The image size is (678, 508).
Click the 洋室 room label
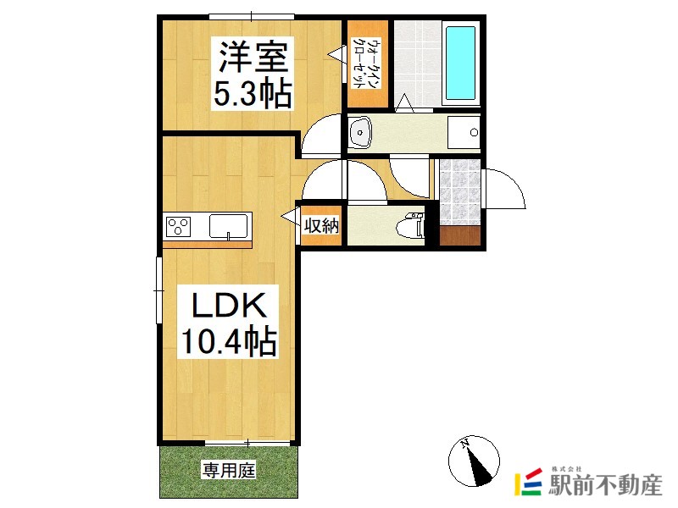pyautogui.click(x=253, y=56)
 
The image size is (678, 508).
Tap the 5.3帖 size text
pyautogui.click(x=252, y=94)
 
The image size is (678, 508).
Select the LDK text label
pyautogui.click(x=228, y=306)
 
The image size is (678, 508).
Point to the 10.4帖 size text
pyautogui.click(x=228, y=341)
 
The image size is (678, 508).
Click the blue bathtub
pyautogui.click(x=460, y=63)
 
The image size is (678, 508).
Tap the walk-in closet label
pyautogui.click(x=367, y=64)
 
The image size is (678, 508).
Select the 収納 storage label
pyautogui.click(x=322, y=225)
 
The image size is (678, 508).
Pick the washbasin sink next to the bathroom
pyautogui.click(x=360, y=132)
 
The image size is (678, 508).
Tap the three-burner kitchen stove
pyautogui.click(x=179, y=226)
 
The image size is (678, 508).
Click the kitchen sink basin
pyautogui.click(x=228, y=225)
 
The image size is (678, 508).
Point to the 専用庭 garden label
pyautogui.click(x=229, y=470)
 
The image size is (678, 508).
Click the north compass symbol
pyautogui.click(x=474, y=461)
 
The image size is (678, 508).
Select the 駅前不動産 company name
pyautogui.click(x=605, y=485)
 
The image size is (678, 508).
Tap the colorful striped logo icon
pyautogui.click(x=528, y=482)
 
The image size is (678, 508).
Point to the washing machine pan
pyautogui.click(x=464, y=132)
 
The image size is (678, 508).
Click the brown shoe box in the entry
pyautogui.click(x=460, y=235)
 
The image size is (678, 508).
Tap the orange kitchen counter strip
pyautogui.click(x=207, y=245)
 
